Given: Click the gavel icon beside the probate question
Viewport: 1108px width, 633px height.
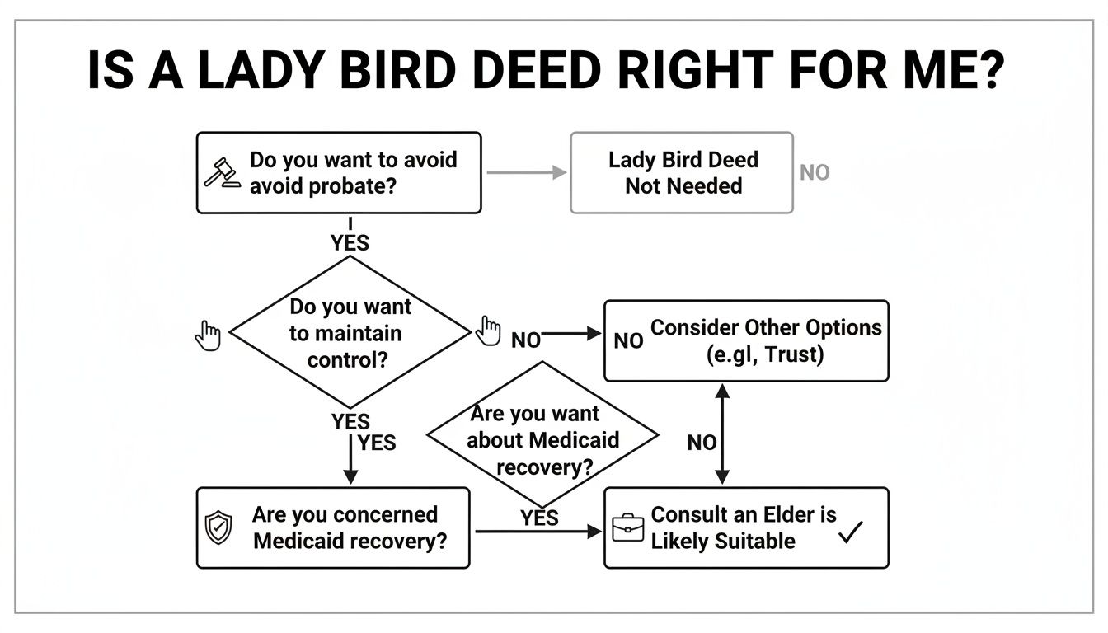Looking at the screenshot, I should click(221, 173).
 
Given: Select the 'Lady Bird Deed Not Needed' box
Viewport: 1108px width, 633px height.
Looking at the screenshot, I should click(682, 173).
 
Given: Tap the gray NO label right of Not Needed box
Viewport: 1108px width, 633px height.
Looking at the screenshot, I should click(815, 173).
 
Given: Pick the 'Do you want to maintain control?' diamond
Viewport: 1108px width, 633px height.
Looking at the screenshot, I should click(350, 333).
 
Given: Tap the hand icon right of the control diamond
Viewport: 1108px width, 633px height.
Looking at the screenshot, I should click(488, 331).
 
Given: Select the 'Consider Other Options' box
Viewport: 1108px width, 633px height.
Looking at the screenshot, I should click(746, 340).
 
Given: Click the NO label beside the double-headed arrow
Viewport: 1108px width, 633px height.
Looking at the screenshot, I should click(702, 443).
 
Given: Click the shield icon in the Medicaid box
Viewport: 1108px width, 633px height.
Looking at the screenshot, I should click(218, 527).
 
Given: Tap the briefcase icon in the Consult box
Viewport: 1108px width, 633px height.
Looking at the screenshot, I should click(627, 527).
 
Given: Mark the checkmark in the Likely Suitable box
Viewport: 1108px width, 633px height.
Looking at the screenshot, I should click(850, 533).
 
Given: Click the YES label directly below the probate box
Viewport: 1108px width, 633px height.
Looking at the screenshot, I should click(350, 243).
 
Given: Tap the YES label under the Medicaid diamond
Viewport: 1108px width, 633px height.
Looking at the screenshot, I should click(539, 518).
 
